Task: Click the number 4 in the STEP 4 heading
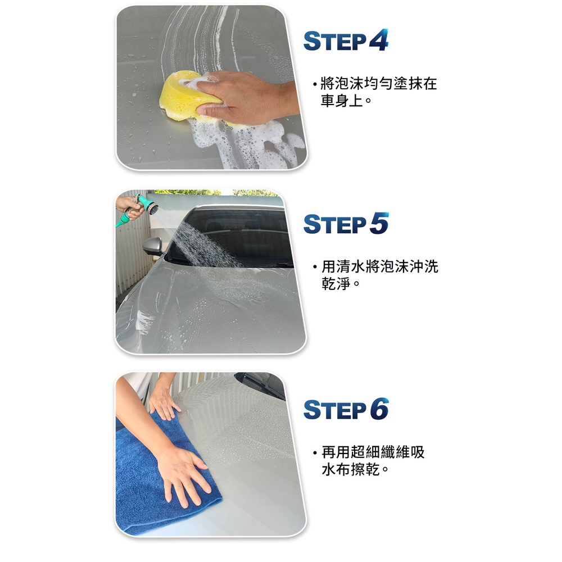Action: pyautogui.click(x=379, y=40)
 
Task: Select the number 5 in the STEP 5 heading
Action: pyautogui.click(x=379, y=223)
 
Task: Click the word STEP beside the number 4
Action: pyautogui.click(x=335, y=41)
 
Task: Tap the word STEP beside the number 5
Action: pyautogui.click(x=335, y=224)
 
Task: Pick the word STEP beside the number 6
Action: pyautogui.click(x=335, y=410)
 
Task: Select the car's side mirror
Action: pyautogui.click(x=153, y=246)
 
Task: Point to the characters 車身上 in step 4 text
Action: pyautogui.click(x=342, y=101)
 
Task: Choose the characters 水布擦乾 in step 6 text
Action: pyautogui.click(x=351, y=469)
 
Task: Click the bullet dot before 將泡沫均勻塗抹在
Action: pyautogui.click(x=315, y=85)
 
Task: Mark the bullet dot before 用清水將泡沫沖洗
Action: pyautogui.click(x=315, y=267)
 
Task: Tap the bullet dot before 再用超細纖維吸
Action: pyautogui.click(x=315, y=453)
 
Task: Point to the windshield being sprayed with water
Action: pyautogui.click(x=229, y=237)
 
